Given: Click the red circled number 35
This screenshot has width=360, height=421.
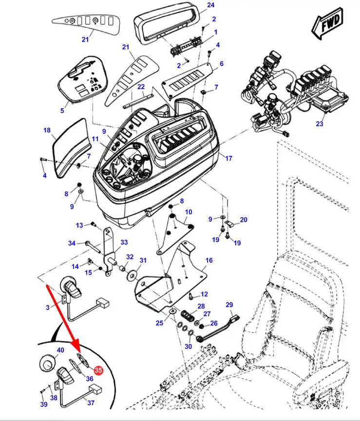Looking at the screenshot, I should point(98,371).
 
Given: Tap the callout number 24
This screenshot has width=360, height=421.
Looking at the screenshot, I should point(210,5).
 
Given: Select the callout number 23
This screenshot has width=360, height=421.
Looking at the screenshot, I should point(319,124).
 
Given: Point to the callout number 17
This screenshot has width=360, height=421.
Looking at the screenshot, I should point(228,158).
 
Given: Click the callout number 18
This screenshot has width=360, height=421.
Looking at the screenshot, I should point(47,131).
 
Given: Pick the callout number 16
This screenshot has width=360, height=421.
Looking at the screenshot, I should point(208,261).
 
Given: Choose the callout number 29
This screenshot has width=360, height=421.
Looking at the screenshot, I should point(229,305).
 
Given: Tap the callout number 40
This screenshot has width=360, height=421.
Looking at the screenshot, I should point(60,350).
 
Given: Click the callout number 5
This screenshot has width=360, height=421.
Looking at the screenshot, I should point(62,111).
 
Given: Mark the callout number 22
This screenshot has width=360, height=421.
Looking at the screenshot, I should point(141,87).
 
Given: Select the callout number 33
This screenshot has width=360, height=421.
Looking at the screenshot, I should point(124,242).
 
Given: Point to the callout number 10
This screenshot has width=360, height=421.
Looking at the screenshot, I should point(188,212).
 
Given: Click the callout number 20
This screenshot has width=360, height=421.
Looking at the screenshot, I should point(244,220).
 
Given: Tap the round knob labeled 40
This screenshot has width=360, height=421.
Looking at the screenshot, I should point(48,363).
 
